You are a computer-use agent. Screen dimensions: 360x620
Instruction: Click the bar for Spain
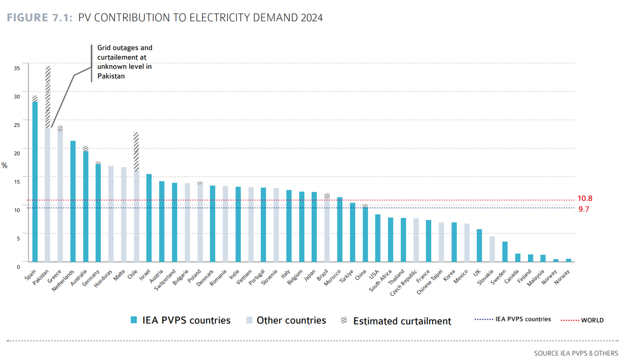[x=35, y=181]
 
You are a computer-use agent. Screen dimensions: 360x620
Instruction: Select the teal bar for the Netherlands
[x=73, y=201]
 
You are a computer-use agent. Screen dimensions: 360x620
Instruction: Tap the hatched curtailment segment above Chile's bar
[x=136, y=152]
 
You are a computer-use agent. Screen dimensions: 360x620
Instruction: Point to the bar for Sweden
[x=505, y=252]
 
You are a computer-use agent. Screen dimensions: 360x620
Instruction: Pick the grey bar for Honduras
[x=111, y=214]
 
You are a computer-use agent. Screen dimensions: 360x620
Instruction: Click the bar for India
[x=238, y=224]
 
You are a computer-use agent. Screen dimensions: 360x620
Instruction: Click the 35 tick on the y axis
[x=17, y=68]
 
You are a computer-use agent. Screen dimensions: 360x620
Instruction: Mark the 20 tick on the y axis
[x=17, y=153]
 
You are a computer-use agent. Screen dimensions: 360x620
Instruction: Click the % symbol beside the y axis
[x=5, y=166]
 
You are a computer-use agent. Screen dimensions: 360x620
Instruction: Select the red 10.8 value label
[x=585, y=199]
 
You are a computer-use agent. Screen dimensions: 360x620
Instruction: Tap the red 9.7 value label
[x=584, y=209]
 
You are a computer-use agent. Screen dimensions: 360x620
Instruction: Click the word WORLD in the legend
[x=592, y=320]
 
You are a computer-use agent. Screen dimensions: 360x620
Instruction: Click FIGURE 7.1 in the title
[x=39, y=18]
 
